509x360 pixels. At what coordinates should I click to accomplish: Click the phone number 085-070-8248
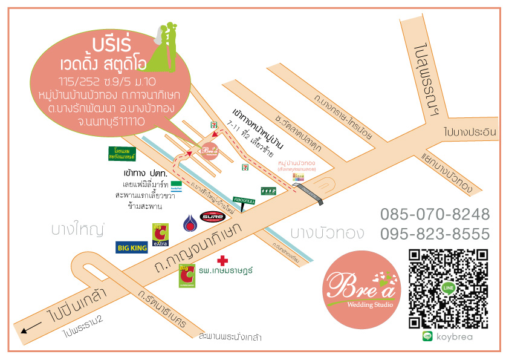coord(435,214)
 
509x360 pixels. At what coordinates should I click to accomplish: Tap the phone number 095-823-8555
coord(435,234)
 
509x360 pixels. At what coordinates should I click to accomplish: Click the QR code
coord(448,287)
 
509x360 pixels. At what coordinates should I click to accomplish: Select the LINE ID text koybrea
coord(454,337)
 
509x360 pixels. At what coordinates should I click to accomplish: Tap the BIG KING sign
coord(132,247)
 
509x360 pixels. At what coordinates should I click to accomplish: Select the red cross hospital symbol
coord(223,261)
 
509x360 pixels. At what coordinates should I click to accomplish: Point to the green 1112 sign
coord(268,191)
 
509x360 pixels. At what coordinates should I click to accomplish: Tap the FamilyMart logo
coord(177,184)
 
